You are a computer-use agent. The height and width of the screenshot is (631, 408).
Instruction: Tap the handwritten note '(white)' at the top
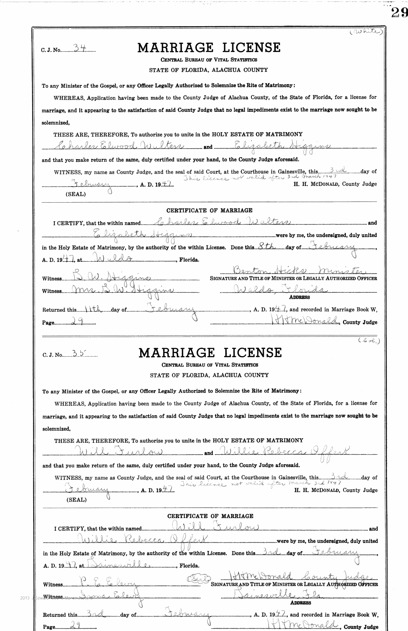click(367, 32)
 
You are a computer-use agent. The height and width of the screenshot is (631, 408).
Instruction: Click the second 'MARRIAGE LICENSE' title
click(210, 353)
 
